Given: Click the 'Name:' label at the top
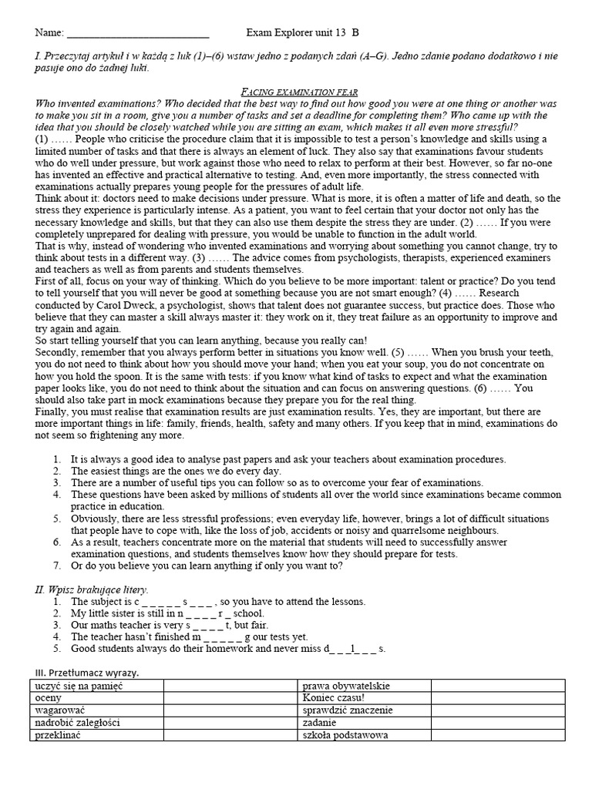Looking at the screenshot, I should (x=49, y=32).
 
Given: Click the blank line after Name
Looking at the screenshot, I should (x=138, y=34).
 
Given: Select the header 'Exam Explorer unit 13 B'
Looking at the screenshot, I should (x=302, y=32).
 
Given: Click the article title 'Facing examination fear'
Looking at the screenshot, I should (x=295, y=92).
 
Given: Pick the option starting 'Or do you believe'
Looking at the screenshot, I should (x=207, y=566).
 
